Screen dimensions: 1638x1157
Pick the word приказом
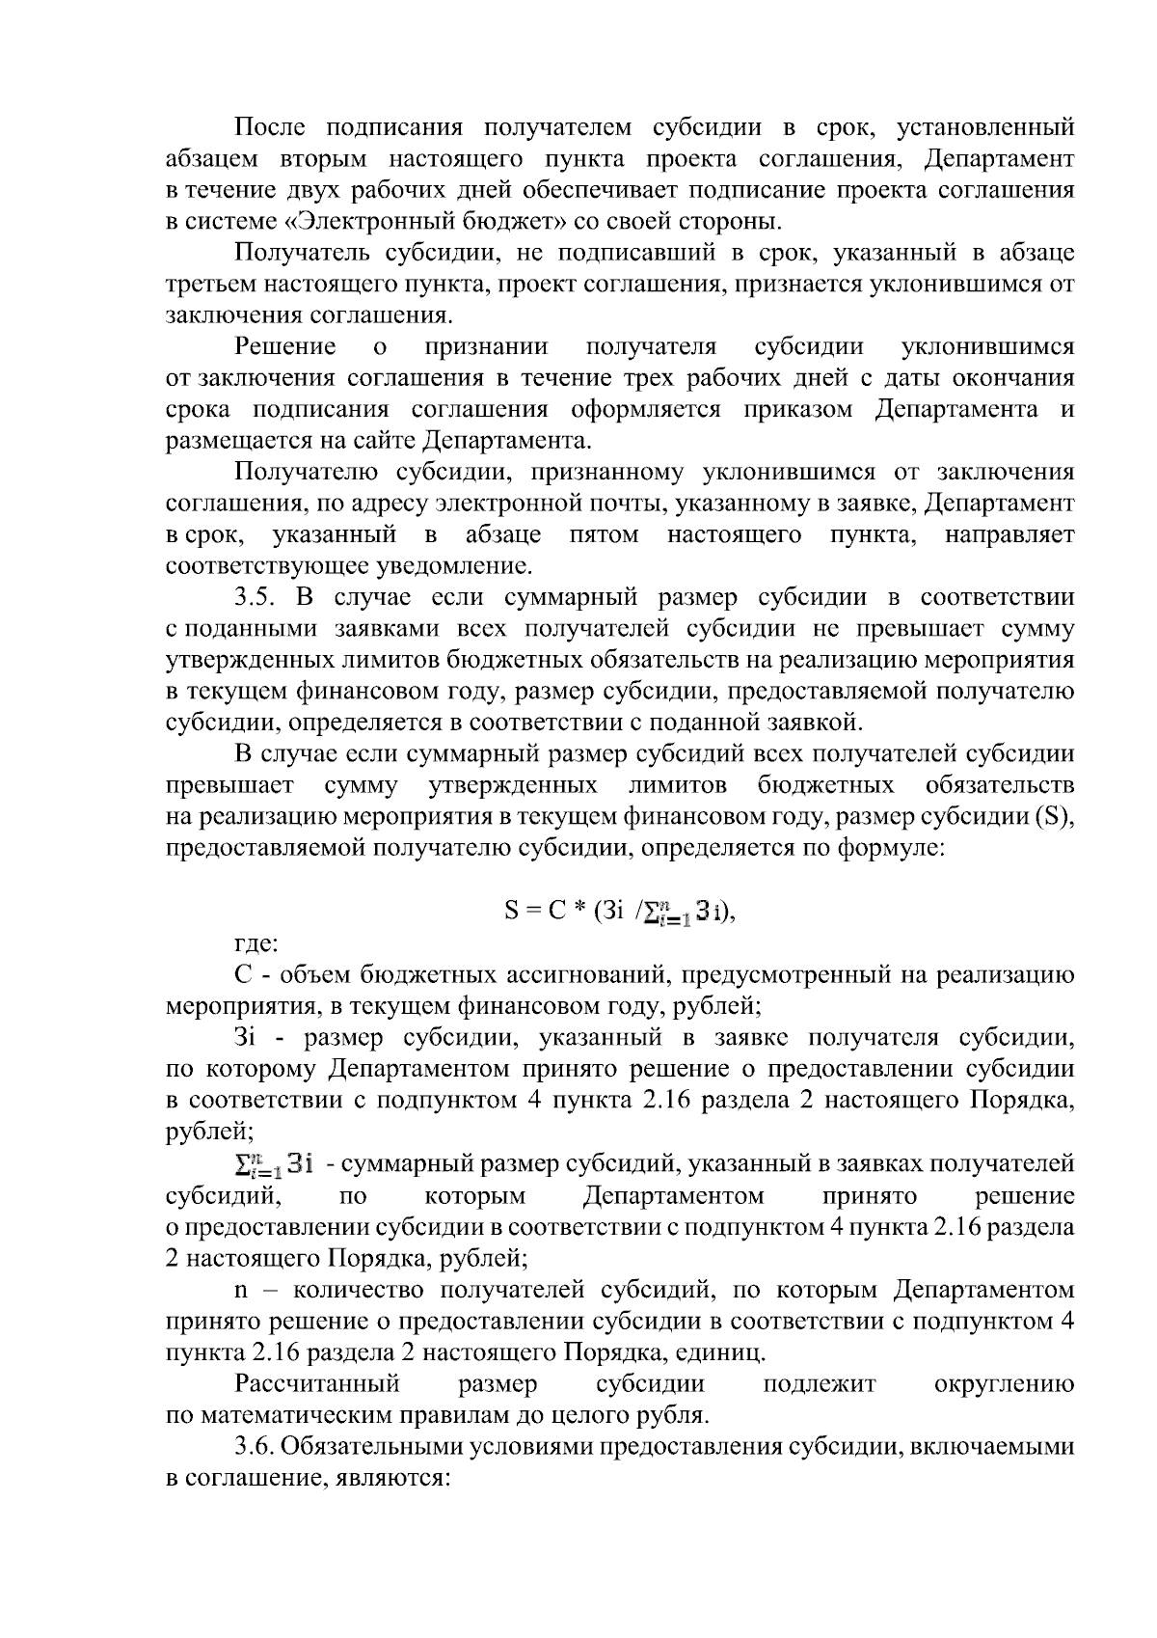(797, 410)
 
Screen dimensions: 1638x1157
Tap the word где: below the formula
(256, 942)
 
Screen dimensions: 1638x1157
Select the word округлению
(1005, 1384)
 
